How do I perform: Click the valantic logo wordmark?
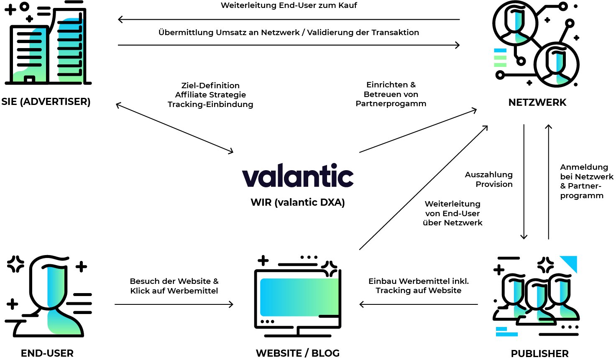[298, 176]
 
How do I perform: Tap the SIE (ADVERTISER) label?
[46, 102]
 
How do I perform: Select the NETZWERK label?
[537, 102]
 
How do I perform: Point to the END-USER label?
[47, 353]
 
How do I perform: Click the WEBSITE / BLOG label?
[297, 353]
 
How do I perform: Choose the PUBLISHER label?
[539, 354]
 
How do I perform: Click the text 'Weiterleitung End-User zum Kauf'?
[289, 5]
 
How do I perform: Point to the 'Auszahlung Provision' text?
[489, 179]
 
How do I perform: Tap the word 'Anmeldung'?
[584, 167]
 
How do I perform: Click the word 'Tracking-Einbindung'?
[210, 104]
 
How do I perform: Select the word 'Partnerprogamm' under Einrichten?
[391, 103]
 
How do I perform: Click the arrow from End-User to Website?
[174, 304]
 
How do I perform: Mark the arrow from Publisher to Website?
[418, 304]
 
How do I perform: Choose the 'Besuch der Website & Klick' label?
[174, 286]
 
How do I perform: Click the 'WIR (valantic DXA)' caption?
[297, 202]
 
